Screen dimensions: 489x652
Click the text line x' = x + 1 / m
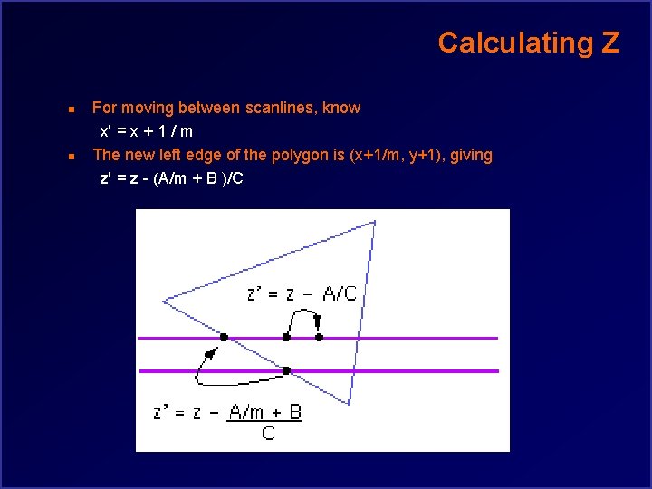click(146, 131)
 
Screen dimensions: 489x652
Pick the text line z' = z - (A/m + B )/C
click(171, 178)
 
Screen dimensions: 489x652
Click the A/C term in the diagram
click(339, 293)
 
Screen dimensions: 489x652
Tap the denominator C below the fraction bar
click(268, 434)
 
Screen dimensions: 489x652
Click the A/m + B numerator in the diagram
click(264, 413)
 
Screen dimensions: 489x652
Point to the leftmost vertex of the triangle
click(164, 301)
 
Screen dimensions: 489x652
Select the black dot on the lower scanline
click(286, 370)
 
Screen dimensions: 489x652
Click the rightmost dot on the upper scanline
click(319, 337)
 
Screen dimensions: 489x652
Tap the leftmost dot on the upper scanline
click(224, 337)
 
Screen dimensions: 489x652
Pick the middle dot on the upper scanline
click(286, 337)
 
